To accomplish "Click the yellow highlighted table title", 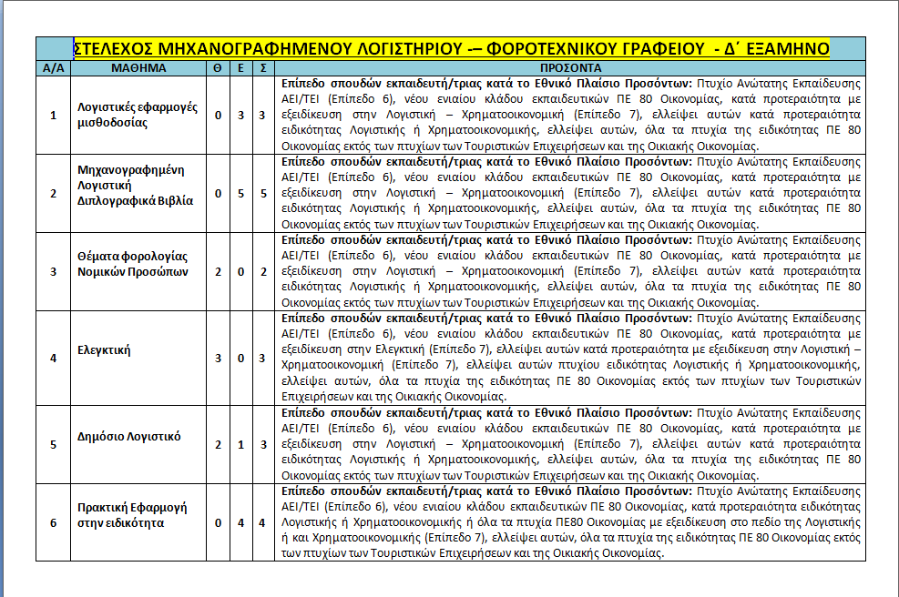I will pyautogui.click(x=450, y=48).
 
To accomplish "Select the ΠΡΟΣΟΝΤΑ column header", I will pyautogui.click(x=570, y=68).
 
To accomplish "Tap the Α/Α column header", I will pyautogui.click(x=53, y=68).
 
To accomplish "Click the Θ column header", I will pyautogui.click(x=218, y=68).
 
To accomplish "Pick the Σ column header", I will pyautogui.click(x=262, y=68).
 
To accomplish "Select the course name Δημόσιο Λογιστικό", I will pyautogui.click(x=128, y=437).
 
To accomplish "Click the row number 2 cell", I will pyautogui.click(x=53, y=194).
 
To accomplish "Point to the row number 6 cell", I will pyautogui.click(x=53, y=522).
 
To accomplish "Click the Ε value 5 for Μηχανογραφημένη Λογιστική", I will pyautogui.click(x=240, y=194).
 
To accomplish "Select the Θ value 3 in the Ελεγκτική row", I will pyautogui.click(x=218, y=359).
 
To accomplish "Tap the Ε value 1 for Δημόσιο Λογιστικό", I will pyautogui.click(x=240, y=444).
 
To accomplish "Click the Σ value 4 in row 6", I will pyautogui.click(x=262, y=522).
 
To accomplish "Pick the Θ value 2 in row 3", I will pyautogui.click(x=218, y=271).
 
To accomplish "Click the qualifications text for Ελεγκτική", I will pyautogui.click(x=570, y=358).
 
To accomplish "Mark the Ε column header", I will pyautogui.click(x=240, y=68).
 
